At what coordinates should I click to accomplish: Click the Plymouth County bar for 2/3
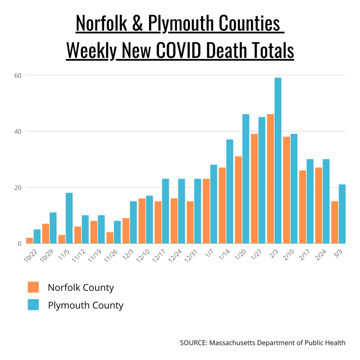click(278, 160)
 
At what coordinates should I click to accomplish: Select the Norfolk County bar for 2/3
click(270, 179)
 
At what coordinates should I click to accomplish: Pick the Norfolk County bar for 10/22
click(30, 240)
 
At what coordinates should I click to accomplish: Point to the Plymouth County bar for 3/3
click(342, 214)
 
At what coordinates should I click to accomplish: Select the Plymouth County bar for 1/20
click(245, 179)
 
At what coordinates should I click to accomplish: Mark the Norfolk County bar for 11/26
click(110, 238)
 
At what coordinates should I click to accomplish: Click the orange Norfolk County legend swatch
click(33, 287)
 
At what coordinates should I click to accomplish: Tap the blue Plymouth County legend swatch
click(33, 305)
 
